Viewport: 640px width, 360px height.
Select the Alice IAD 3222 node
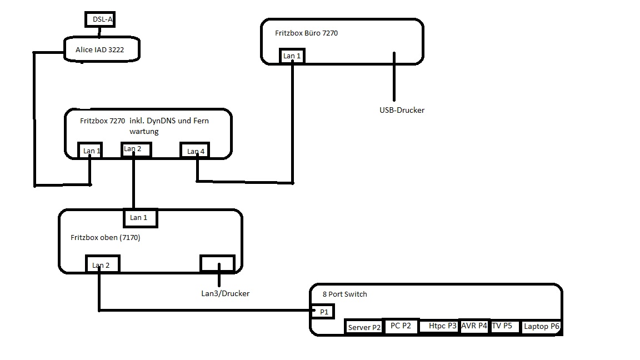point(101,50)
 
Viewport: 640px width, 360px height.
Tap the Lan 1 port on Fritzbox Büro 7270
point(292,56)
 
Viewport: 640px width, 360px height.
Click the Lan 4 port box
point(196,151)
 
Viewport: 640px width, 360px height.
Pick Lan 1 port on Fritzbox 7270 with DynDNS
point(92,151)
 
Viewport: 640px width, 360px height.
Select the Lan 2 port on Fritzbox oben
point(101,265)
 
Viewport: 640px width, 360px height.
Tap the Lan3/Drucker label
point(225,293)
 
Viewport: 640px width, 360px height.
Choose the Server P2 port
point(364,327)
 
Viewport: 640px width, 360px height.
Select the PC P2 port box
point(401,326)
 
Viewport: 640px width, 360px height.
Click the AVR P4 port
point(474,326)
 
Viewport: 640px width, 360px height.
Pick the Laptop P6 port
point(541,327)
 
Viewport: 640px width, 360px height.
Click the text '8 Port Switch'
point(344,294)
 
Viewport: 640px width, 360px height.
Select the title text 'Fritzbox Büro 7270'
point(306,33)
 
